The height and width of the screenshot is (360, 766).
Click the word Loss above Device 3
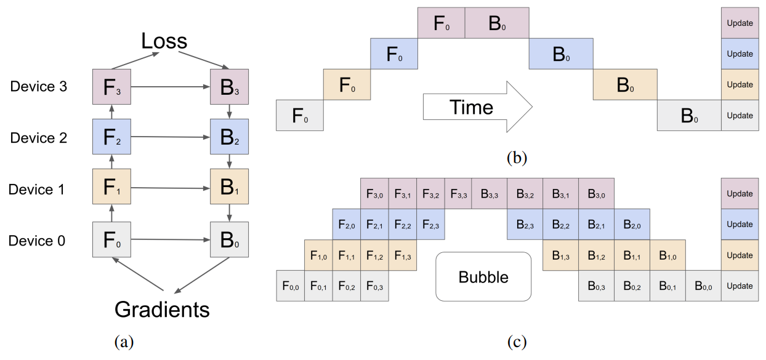164,41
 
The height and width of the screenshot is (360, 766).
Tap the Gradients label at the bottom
162,309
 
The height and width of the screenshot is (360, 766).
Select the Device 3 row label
38,87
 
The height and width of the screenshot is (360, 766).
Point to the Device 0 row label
37,241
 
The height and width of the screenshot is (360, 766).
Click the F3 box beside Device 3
111,87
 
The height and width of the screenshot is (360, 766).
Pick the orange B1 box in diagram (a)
229,188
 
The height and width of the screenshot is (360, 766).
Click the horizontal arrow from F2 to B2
170,137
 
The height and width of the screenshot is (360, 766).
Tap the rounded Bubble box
483,277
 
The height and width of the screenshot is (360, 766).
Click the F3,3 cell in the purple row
458,194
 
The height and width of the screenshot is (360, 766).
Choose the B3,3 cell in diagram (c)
489,194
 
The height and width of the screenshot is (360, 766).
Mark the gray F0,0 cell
290,286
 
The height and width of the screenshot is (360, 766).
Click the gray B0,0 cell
703,286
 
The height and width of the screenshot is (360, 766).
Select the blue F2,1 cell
374,225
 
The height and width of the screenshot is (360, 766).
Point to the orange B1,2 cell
596,255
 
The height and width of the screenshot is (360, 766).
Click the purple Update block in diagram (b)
740,23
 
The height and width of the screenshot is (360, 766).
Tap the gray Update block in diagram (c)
740,286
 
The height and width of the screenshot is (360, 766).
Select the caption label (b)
516,158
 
